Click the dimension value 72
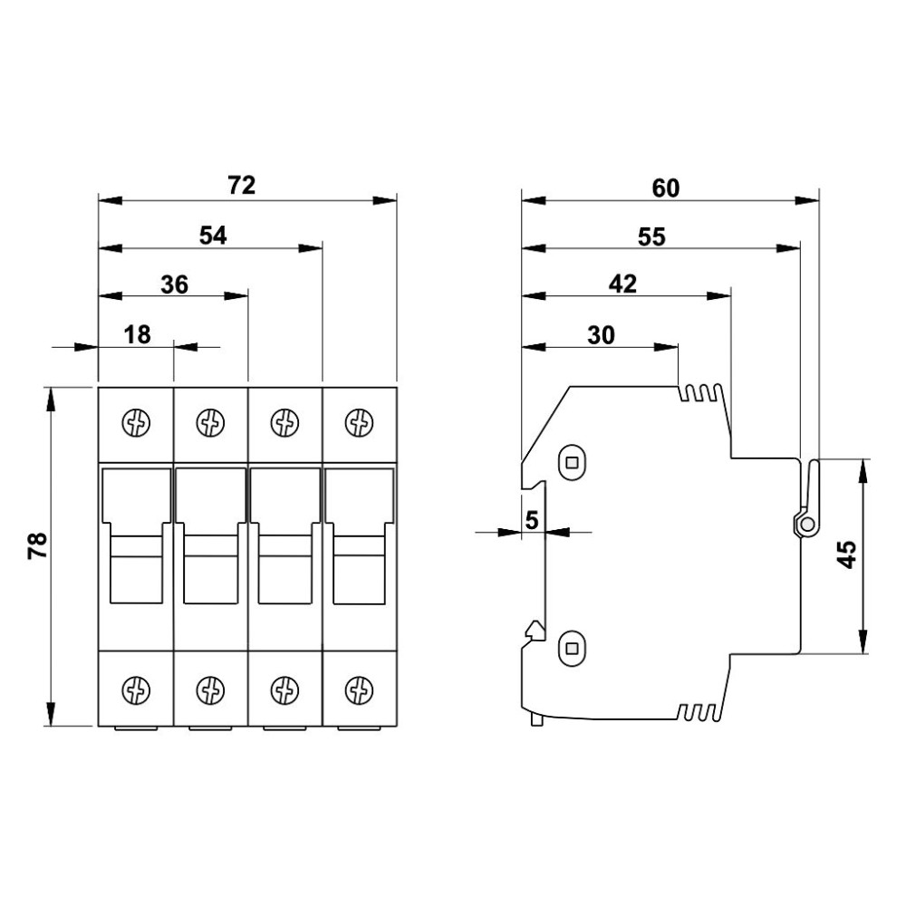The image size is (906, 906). [x=242, y=186]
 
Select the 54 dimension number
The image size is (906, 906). [x=213, y=236]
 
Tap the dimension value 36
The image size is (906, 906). [x=175, y=284]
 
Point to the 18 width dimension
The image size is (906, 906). [x=137, y=334]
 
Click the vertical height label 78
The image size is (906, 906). [x=37, y=545]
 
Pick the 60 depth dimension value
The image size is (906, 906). [x=666, y=188]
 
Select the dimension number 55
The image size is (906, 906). [x=651, y=236]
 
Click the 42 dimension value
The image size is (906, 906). [x=623, y=284]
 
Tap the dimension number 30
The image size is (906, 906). [x=601, y=336]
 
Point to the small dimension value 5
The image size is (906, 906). [x=532, y=520]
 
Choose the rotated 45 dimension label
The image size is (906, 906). [x=846, y=554]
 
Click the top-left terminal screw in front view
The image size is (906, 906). [x=137, y=423]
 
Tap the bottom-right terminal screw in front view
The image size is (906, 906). [x=359, y=689]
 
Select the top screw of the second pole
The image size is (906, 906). [x=210, y=423]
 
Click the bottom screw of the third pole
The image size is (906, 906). [x=284, y=689]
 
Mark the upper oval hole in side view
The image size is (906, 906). [x=572, y=462]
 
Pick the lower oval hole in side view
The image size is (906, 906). [x=572, y=649]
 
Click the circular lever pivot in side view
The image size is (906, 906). [x=808, y=525]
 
